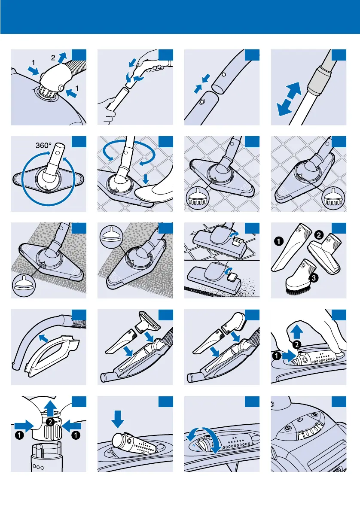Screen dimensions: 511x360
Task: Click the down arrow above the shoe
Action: click(x=146, y=178)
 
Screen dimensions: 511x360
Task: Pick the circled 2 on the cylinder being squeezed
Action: click(x=50, y=423)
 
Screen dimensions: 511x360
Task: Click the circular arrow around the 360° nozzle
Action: click(x=30, y=198)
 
